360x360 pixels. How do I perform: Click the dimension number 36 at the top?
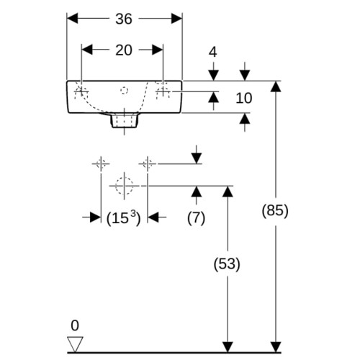point(124,19)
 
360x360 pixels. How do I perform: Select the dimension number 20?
point(124,50)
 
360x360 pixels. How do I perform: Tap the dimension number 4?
point(213,52)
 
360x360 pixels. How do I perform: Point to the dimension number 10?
point(244,98)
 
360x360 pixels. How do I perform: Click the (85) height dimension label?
point(275,211)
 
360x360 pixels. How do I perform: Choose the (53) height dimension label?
point(227,264)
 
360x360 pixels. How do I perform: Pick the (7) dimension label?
point(196,218)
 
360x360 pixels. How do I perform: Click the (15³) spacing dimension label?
point(123,217)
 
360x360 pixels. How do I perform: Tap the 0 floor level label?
point(75,325)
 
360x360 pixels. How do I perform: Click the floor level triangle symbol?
point(75,344)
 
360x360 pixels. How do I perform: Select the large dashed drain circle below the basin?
point(124,186)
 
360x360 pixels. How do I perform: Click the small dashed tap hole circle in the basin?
point(124,91)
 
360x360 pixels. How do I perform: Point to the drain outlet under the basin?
point(125,120)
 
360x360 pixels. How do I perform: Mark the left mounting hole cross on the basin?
point(81,91)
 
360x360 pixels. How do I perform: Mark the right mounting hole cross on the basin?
point(163,91)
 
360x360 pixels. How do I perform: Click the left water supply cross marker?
point(101,164)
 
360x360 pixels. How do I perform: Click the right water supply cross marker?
point(148,164)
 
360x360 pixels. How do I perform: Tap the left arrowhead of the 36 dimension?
point(72,19)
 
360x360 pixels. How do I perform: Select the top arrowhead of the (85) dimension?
point(276,86)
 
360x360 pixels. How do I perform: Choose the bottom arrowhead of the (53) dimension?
point(228,347)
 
